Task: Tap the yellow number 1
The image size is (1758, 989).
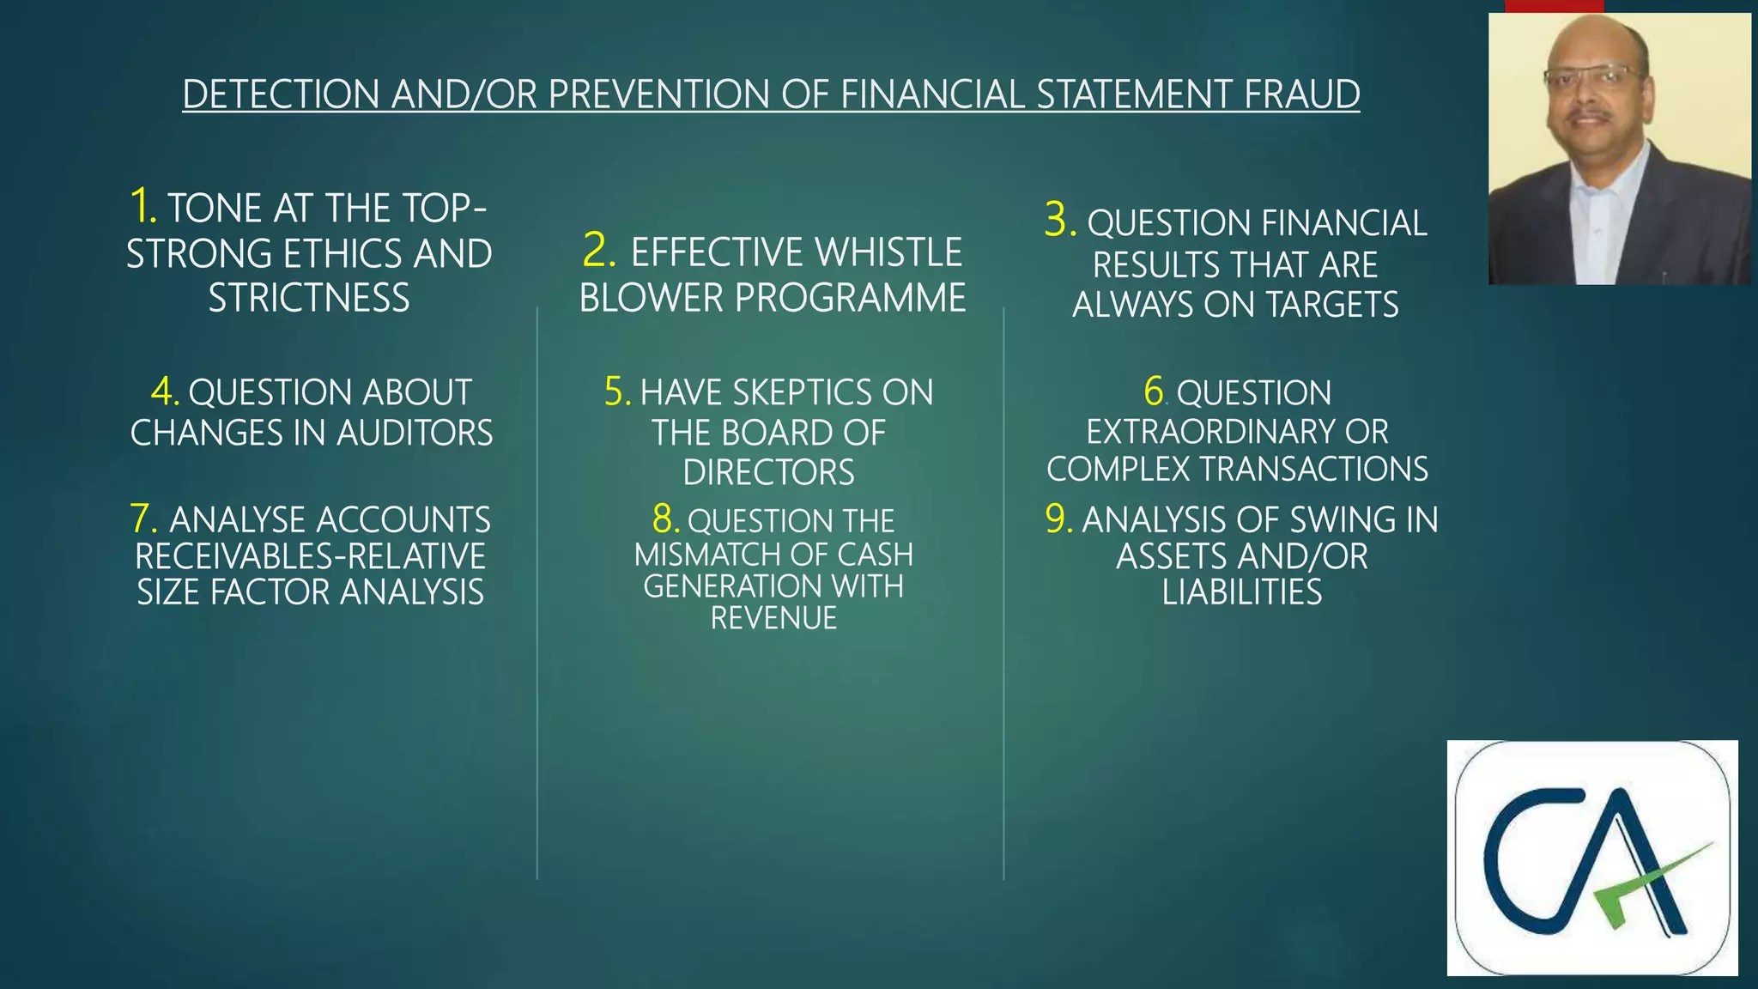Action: [x=142, y=207]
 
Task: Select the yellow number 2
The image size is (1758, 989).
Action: [x=598, y=251]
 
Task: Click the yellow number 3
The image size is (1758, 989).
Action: [x=1059, y=220]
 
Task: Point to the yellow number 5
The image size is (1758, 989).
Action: [x=617, y=392]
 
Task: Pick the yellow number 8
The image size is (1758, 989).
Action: [x=666, y=519]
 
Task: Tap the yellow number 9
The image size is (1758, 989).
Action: [x=1058, y=519]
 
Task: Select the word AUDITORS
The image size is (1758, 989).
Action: [x=415, y=433]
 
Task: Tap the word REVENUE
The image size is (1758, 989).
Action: [x=773, y=618]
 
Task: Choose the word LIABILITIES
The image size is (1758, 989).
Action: [x=1241, y=592]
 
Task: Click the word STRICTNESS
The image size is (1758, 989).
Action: [x=309, y=299]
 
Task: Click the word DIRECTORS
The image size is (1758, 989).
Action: [x=768, y=473]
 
